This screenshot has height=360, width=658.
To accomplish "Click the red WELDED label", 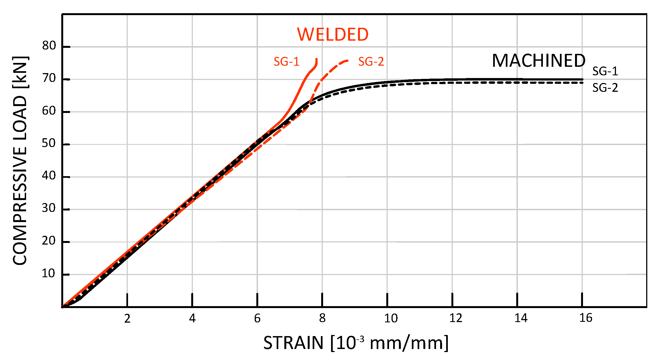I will pos(332,35).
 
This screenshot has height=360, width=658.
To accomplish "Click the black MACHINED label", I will pos(538,61).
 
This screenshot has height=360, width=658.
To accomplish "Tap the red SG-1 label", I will pos(286,62).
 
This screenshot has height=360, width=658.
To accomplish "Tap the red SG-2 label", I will pos(371,62).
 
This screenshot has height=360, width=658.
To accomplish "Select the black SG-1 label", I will pos(605,71).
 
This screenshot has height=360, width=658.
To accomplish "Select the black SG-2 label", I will pos(605,88).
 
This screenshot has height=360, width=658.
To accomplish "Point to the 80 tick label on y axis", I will pos(49,46).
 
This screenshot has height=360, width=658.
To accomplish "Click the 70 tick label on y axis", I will pos(49,79).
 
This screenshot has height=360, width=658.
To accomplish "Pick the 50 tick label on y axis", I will pos(49,143).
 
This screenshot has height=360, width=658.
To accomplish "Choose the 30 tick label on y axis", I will pos(49,208).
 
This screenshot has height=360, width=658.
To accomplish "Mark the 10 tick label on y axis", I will pos(48,273).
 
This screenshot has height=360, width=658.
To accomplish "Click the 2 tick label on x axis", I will pos(127,319).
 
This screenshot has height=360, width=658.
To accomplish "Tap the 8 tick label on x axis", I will pos(322,319).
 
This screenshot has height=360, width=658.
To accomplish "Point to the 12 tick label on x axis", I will pos(456,318).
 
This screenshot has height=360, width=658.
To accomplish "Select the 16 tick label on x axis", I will pos(586,318).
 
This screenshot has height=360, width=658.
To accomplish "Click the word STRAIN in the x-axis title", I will pos(293,343).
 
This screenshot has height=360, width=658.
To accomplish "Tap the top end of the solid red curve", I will pos(316,59).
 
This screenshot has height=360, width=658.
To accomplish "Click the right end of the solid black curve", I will pos(582,79).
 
